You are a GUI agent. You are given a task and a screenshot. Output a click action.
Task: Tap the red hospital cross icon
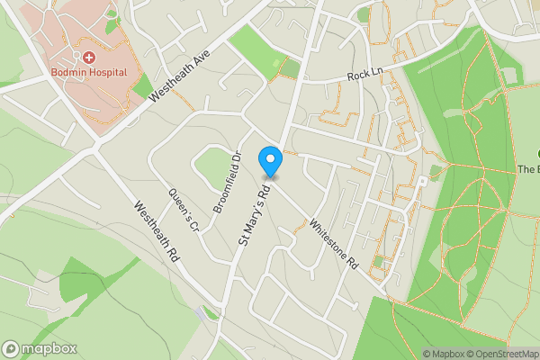pyautogui.click(x=90, y=57)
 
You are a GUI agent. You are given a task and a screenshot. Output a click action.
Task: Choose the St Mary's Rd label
pyautogui.click(x=254, y=216)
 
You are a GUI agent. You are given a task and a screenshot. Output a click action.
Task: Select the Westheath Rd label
pyautogui.click(x=157, y=230)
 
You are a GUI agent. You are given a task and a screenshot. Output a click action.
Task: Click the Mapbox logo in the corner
pyautogui.click(x=40, y=348)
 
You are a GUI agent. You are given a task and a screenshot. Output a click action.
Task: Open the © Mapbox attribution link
pyautogui.click(x=446, y=354)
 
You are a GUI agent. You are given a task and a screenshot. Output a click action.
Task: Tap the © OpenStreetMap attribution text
pyautogui.click(x=505, y=354)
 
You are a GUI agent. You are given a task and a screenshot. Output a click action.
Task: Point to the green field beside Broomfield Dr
pyautogui.click(x=211, y=167)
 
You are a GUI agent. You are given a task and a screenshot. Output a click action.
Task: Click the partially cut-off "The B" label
pyautogui.click(x=527, y=169)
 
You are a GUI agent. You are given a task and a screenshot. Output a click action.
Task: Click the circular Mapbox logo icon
pyautogui.click(x=11, y=348)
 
